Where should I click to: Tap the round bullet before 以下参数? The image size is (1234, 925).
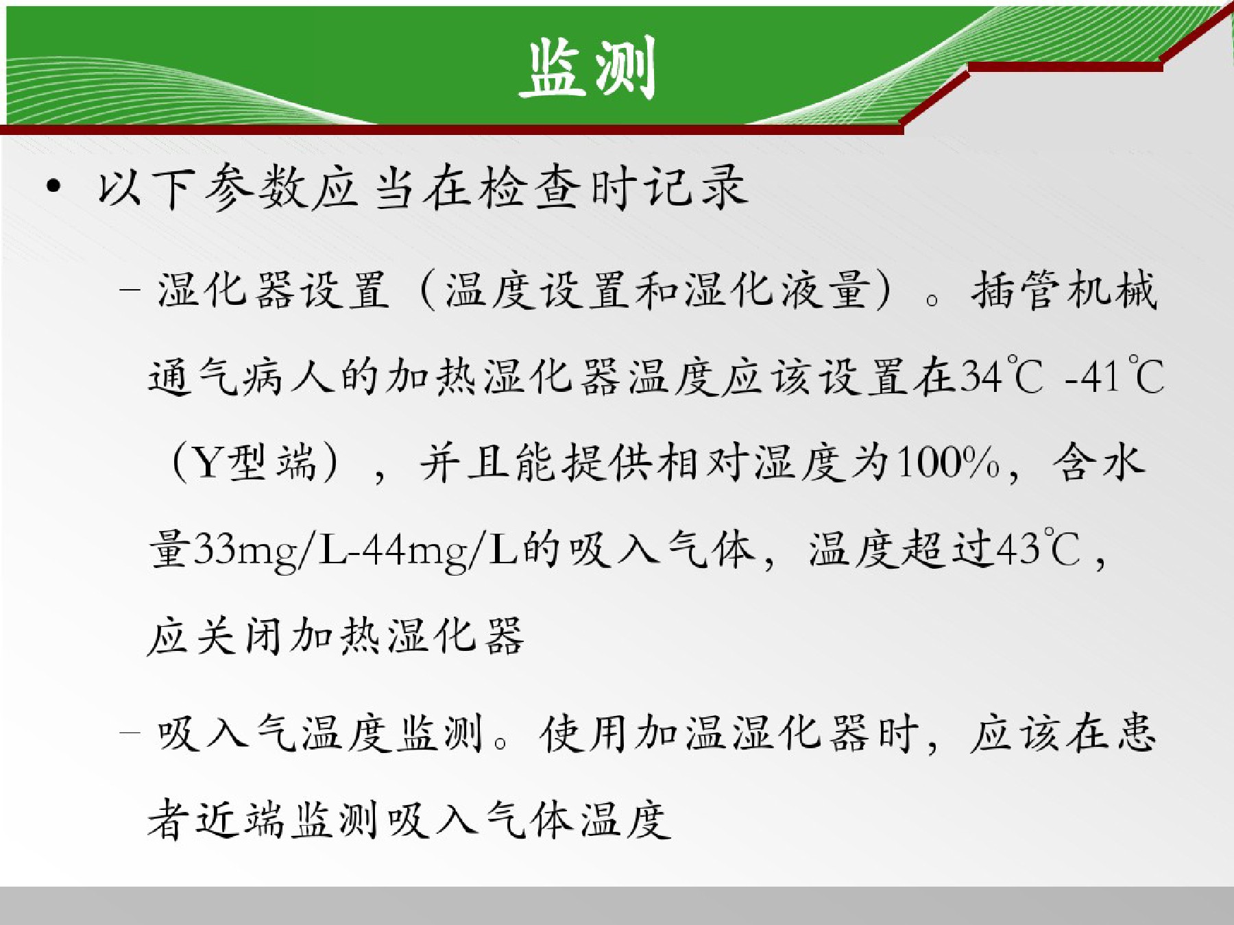pos(54,187)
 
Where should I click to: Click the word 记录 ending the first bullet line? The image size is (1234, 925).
pos(696,187)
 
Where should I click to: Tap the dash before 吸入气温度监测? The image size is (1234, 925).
pos(130,732)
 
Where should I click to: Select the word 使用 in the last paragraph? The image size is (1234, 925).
pos(584,733)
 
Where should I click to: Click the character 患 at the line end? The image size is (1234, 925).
pos(1135,732)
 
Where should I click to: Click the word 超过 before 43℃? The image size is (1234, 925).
pos(947,548)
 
